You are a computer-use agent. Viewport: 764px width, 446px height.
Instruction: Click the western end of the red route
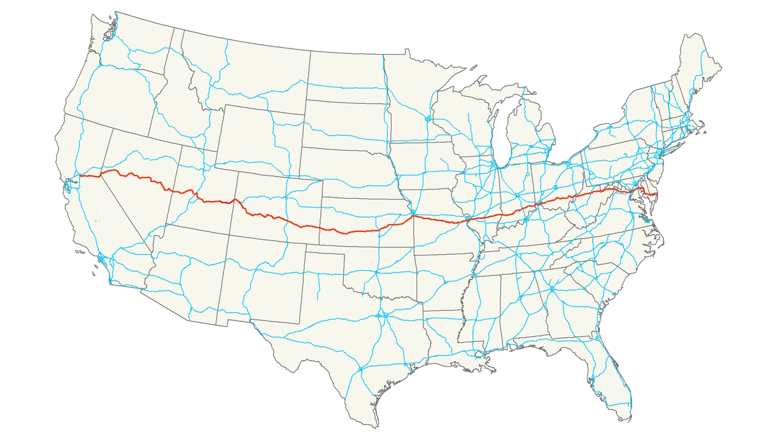coord(78,176)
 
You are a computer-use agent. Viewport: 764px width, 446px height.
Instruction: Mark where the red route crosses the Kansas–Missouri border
coord(414,217)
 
